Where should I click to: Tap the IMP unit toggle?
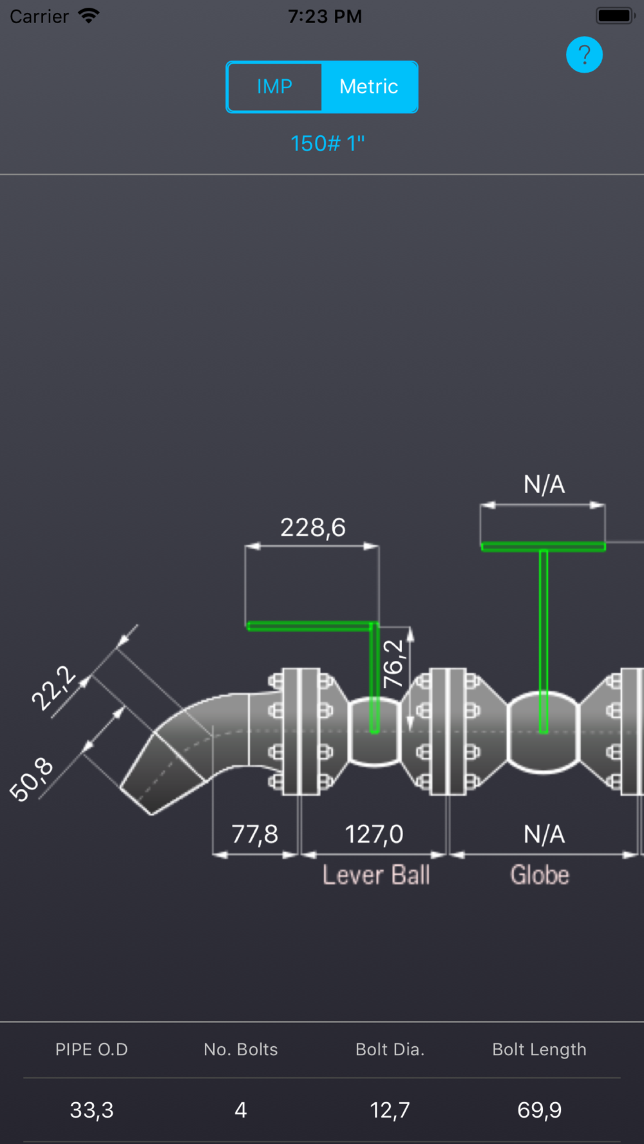coord(274,87)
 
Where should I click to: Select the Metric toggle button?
coord(369,87)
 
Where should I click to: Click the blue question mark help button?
coord(584,55)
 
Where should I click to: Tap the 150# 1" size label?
coord(327,143)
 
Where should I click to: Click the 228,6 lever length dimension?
coord(313,528)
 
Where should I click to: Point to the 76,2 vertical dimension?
coord(393,663)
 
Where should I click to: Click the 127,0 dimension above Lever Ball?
coord(374,835)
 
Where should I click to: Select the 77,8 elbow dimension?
coord(255,835)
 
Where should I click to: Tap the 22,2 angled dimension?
coord(54,688)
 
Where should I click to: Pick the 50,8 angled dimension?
coord(32,779)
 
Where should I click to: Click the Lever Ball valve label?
coord(376,875)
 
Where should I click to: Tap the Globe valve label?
coord(540,875)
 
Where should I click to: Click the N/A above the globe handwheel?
coord(544,484)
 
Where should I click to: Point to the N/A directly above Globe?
coord(544,835)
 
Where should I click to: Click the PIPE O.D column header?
coord(91,1049)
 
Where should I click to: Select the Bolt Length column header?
coord(539,1049)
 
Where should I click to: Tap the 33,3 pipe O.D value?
coord(91,1110)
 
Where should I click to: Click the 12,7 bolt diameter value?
coord(390,1110)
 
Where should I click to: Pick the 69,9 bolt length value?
coord(539,1110)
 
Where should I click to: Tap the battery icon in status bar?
coord(615,16)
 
